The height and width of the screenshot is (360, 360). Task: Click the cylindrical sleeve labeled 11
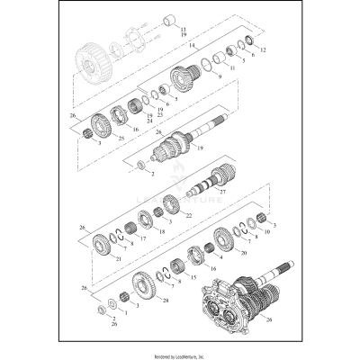(x=225, y=55)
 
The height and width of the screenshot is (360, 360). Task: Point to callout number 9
(x=219, y=78)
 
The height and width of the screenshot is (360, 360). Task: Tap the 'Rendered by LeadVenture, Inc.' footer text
(x=180, y=349)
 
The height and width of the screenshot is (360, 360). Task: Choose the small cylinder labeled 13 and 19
(x=168, y=20)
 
